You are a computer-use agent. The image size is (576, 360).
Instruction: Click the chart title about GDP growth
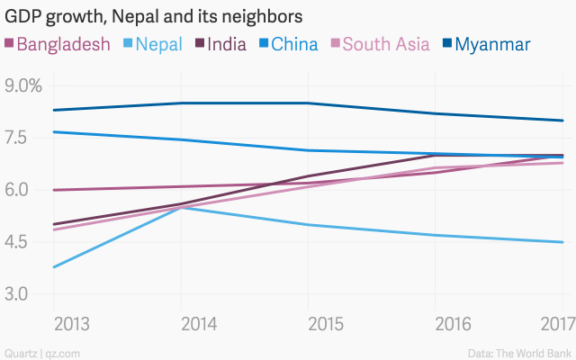(x=154, y=17)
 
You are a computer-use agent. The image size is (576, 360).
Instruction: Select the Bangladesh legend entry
(x=58, y=44)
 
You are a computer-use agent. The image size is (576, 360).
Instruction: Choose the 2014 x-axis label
(x=182, y=323)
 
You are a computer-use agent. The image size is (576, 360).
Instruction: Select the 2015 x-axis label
(x=308, y=323)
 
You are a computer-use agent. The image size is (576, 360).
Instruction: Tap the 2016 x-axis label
(x=435, y=323)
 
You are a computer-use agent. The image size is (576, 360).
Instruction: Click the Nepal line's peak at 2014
(x=182, y=207)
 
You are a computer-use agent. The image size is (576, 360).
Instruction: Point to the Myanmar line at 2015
(x=308, y=103)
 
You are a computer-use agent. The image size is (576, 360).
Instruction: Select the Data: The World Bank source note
(x=519, y=352)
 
